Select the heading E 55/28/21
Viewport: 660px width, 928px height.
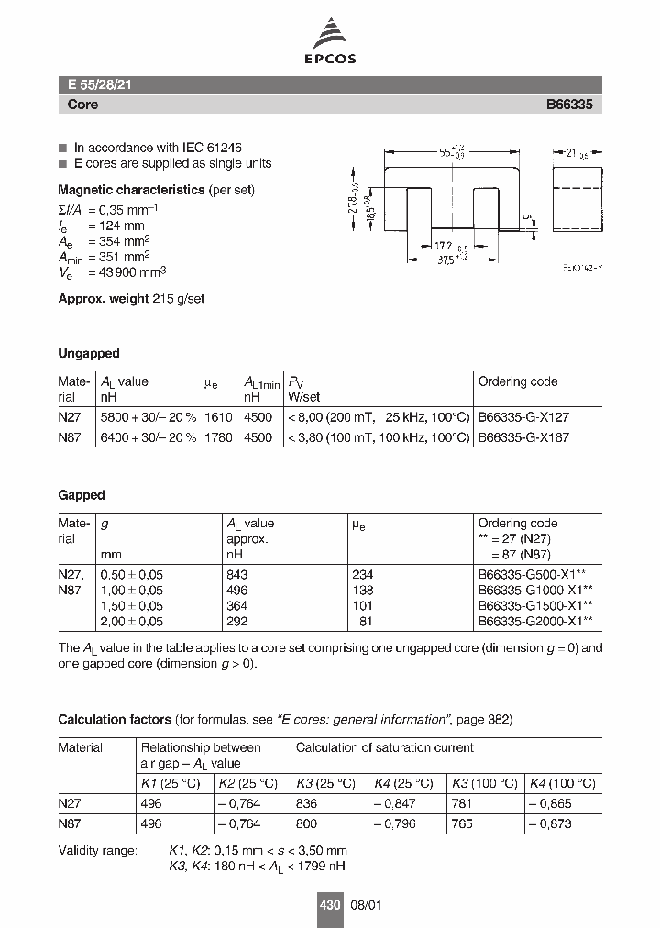point(101,84)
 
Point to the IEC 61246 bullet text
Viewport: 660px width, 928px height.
point(158,148)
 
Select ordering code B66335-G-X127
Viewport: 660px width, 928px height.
point(523,416)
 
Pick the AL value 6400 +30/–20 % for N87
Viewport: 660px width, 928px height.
point(148,437)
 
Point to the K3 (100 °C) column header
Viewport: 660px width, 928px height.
point(484,783)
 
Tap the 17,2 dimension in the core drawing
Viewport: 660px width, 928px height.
point(442,245)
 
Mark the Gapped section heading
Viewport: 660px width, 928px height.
point(82,495)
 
